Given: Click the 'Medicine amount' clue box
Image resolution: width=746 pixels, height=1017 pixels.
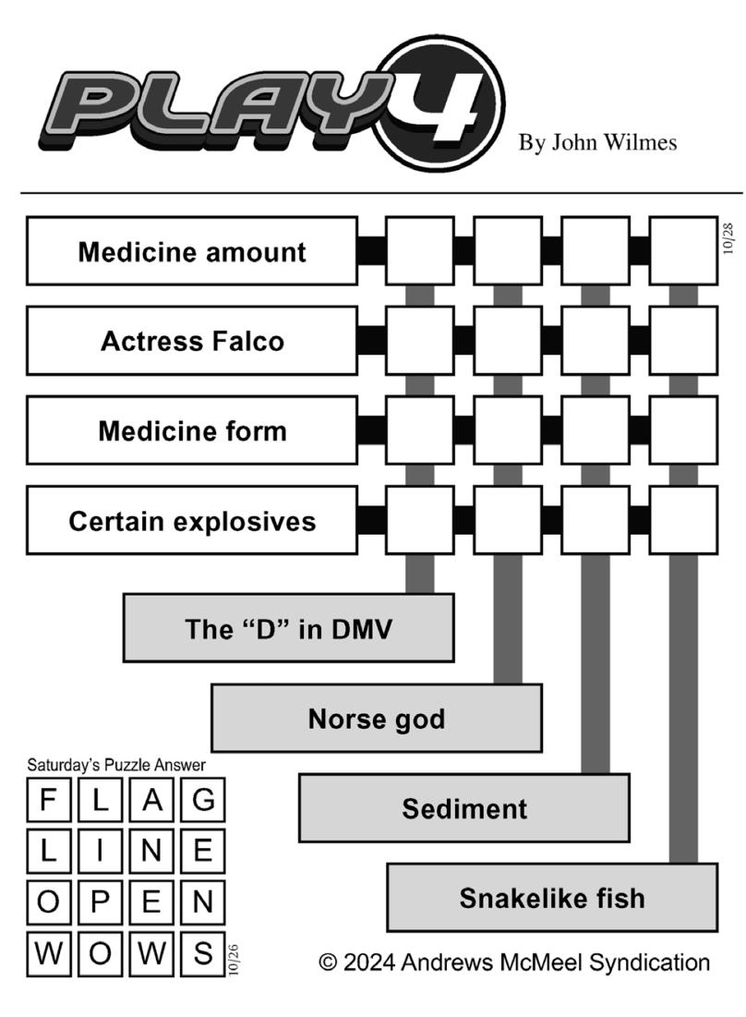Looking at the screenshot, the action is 192,251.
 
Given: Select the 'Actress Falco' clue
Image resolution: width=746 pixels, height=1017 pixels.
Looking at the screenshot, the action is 192,341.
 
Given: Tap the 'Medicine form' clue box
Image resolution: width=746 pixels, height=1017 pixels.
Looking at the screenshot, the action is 192,430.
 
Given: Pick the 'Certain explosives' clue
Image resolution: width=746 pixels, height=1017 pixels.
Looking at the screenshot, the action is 192,521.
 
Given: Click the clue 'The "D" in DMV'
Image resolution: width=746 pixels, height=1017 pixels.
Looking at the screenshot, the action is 288,628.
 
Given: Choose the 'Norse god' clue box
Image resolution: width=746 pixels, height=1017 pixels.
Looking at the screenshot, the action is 377,718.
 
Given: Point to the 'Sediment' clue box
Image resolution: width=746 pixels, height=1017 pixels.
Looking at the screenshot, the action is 464,808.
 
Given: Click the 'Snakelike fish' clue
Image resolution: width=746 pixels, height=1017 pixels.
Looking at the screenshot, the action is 552,898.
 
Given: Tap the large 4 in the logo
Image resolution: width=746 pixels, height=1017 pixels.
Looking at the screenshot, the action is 439,103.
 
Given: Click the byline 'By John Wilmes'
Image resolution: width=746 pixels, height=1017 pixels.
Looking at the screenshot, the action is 597,142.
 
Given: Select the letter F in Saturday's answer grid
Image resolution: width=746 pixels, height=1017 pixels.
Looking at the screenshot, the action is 48,799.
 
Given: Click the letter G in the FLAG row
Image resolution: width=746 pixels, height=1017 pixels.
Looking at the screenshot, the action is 203,799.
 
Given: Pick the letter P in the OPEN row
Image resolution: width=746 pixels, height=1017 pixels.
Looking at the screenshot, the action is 100,902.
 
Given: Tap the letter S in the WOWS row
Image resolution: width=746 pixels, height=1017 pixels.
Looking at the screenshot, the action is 203,952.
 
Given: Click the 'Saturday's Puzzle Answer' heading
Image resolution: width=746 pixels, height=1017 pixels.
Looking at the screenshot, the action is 116,765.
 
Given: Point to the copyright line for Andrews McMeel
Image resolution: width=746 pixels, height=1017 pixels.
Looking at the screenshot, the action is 514,962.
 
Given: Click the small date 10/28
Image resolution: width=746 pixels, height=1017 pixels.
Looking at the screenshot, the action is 728,238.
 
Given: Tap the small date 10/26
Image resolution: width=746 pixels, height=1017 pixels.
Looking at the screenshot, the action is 234,960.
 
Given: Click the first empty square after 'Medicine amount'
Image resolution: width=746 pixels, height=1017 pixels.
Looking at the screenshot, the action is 420,251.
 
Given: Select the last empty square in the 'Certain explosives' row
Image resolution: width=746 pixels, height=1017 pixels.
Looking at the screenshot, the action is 683,521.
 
